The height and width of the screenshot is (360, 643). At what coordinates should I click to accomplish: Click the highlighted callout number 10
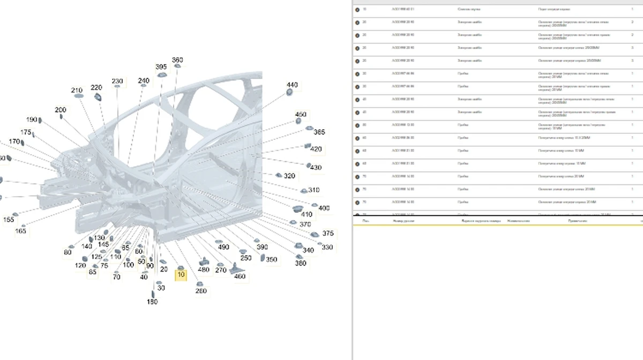click(x=181, y=275)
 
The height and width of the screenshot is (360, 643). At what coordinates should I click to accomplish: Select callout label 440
click(x=292, y=85)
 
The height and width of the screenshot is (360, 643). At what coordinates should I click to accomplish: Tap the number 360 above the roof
click(x=177, y=60)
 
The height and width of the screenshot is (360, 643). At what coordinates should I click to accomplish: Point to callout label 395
click(x=161, y=67)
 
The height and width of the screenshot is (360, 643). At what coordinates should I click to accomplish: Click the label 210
click(x=77, y=91)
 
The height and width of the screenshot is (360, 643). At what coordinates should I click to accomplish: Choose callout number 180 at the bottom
click(x=152, y=302)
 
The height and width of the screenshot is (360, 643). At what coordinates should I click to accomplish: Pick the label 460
click(x=240, y=276)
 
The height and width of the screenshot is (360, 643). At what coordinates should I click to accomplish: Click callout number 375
click(x=328, y=234)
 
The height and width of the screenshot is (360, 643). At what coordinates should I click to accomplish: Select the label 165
click(x=20, y=231)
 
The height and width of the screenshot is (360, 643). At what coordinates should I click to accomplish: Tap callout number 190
click(x=32, y=119)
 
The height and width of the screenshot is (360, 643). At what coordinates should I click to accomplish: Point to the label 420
click(x=316, y=149)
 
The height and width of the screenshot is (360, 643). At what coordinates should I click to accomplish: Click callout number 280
click(x=201, y=291)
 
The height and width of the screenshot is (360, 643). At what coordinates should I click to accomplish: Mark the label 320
click(x=289, y=176)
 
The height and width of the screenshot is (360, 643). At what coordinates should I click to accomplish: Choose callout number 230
click(x=117, y=81)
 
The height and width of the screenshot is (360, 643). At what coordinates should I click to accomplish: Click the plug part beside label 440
click(x=290, y=92)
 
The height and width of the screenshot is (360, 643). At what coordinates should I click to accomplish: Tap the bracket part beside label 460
click(x=237, y=269)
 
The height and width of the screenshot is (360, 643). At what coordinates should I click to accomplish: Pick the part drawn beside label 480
click(x=204, y=261)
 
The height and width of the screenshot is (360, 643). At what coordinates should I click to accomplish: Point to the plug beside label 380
click(x=300, y=257)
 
